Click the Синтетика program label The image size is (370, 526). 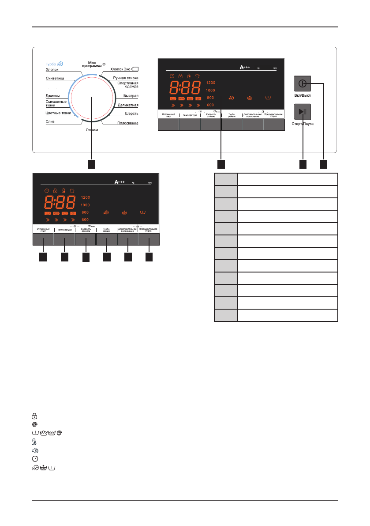[x=55, y=79]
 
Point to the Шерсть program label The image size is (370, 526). [x=132, y=114]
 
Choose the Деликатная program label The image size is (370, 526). [x=128, y=105]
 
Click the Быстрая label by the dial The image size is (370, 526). [x=131, y=96]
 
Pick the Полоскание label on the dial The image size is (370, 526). [x=128, y=122]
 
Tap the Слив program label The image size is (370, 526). [x=50, y=121]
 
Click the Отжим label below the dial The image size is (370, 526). [x=92, y=130]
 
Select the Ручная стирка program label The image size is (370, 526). [x=126, y=78]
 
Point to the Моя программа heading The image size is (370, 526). [x=92, y=64]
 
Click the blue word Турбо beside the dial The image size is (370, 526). [x=51, y=64]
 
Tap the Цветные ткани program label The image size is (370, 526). [x=58, y=113]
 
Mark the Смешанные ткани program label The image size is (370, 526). [x=56, y=103]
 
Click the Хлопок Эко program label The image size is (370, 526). [x=120, y=69]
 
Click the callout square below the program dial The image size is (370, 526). [x=91, y=164]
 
